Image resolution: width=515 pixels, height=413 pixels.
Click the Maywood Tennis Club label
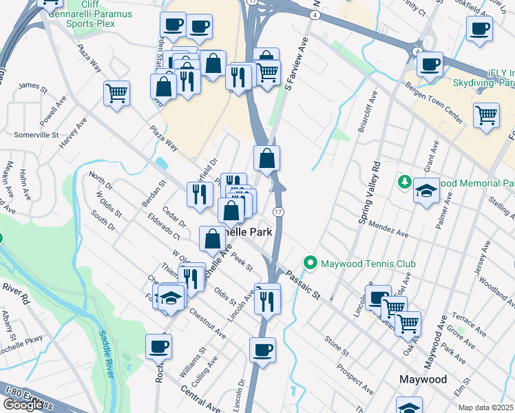coord(362,263)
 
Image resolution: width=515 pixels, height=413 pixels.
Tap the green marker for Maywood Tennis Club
coord(311,263)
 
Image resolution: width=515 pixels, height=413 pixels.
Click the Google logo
coord(23,405)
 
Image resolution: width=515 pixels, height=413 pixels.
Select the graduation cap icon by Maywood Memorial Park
coord(426,189)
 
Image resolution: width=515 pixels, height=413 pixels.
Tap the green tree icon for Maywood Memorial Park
coord(405,183)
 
